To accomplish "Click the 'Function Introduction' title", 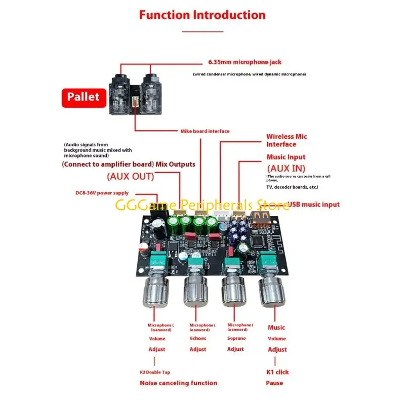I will (x=202, y=15).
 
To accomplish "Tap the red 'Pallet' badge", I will (x=83, y=96).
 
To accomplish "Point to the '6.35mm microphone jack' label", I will (x=245, y=62).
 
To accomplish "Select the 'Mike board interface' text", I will (x=205, y=131).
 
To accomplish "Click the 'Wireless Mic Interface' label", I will (x=287, y=140).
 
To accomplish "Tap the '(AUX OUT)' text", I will (x=130, y=177).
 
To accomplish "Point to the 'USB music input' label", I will (x=313, y=205).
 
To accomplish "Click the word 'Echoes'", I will (x=198, y=339).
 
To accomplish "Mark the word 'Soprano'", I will (x=236, y=338).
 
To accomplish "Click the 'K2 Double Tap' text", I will (x=155, y=372).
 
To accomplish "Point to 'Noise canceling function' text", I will (x=178, y=383).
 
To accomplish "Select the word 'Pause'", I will (x=274, y=383).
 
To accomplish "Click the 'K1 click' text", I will (x=277, y=372).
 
